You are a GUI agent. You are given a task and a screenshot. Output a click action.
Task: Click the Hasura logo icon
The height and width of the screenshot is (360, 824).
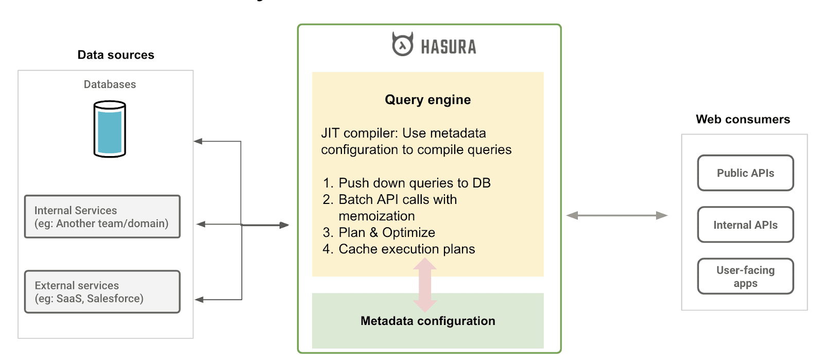[x=402, y=45]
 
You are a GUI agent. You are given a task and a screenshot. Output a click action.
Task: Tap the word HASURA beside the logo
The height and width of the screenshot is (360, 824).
[x=449, y=47]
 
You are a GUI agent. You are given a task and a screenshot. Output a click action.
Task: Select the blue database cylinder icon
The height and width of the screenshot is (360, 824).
[x=110, y=129]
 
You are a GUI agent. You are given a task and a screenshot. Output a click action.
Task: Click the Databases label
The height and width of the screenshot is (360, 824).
[x=110, y=84]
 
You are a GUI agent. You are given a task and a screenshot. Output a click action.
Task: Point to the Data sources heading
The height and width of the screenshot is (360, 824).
[x=116, y=55]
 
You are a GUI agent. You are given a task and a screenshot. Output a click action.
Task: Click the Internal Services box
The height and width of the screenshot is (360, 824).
[x=102, y=217]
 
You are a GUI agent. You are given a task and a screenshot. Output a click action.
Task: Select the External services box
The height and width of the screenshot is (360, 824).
[x=102, y=292]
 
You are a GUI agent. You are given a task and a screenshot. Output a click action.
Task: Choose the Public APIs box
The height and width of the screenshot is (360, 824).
[x=745, y=173]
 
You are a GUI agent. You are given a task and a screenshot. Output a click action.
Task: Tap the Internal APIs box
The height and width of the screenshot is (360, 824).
[x=745, y=225]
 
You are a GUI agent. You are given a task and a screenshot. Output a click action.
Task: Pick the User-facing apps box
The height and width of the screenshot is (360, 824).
[x=745, y=277]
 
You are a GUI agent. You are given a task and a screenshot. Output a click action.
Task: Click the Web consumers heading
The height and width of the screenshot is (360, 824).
[x=743, y=119]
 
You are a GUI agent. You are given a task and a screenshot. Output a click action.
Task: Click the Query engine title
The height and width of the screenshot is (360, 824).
[x=427, y=100]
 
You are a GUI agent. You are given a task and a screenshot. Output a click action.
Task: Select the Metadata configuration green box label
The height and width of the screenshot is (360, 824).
[x=427, y=321]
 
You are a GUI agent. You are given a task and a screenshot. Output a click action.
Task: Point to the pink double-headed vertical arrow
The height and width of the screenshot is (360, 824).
[x=425, y=285]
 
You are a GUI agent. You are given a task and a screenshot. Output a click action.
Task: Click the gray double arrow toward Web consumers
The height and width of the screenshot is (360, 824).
[x=616, y=215]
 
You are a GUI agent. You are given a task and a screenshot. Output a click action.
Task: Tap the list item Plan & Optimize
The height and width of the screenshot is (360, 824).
[x=386, y=232]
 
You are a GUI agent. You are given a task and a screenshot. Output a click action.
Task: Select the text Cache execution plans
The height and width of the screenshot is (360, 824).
[x=406, y=249]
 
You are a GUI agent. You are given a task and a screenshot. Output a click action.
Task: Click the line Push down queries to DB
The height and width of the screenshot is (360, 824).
[x=414, y=183]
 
